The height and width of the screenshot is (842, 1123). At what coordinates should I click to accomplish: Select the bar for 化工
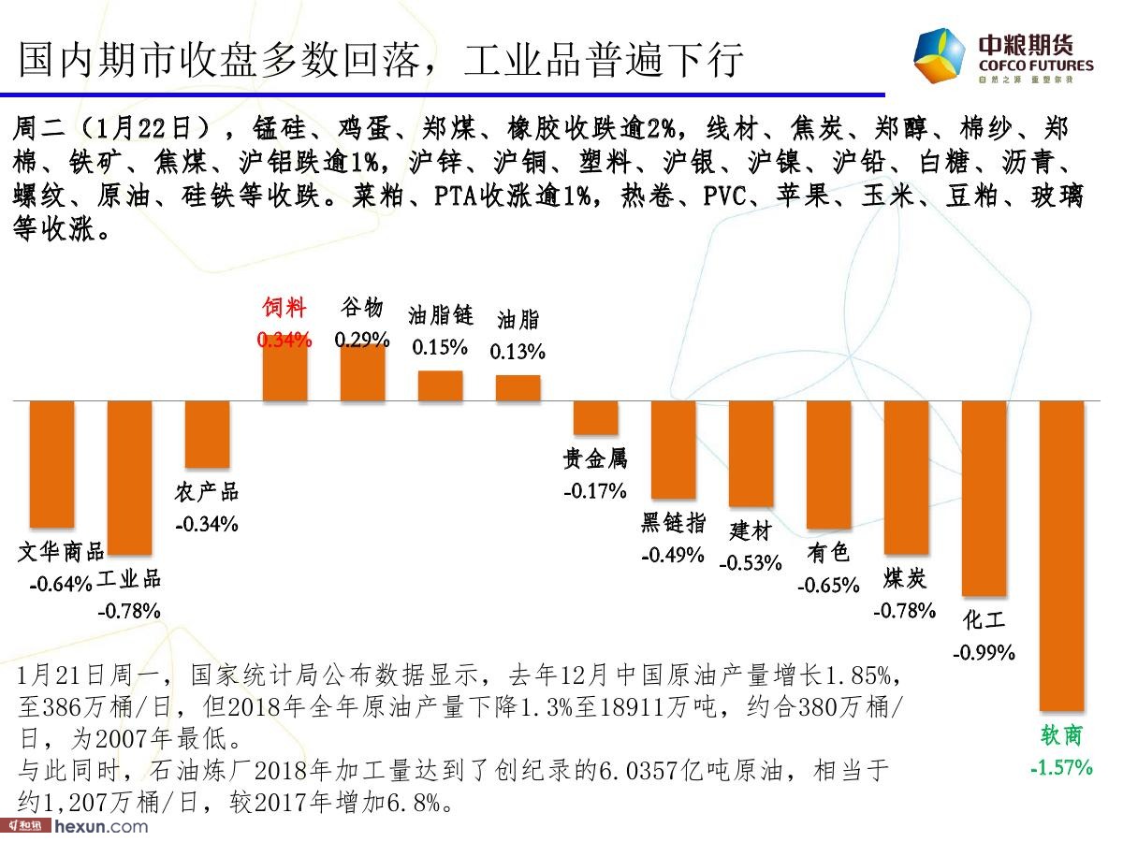(x=984, y=498)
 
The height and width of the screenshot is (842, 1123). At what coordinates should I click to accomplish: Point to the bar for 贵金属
(x=596, y=418)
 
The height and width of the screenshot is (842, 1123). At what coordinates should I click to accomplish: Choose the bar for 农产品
(x=208, y=434)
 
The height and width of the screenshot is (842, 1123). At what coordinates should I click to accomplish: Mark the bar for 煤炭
(x=907, y=477)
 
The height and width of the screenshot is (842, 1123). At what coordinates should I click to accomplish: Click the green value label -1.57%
(x=1061, y=768)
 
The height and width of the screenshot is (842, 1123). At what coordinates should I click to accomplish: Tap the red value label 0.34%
(x=284, y=341)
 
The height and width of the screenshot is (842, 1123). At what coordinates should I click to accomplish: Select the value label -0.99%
(x=984, y=652)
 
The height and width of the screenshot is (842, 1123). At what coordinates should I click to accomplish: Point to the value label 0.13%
(x=518, y=352)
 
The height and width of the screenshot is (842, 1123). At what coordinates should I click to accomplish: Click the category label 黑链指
(x=673, y=523)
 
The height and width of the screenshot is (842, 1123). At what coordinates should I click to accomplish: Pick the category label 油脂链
(x=440, y=315)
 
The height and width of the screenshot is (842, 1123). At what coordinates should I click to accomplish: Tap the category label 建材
(x=750, y=530)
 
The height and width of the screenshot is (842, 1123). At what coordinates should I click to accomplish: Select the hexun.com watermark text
(x=101, y=826)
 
